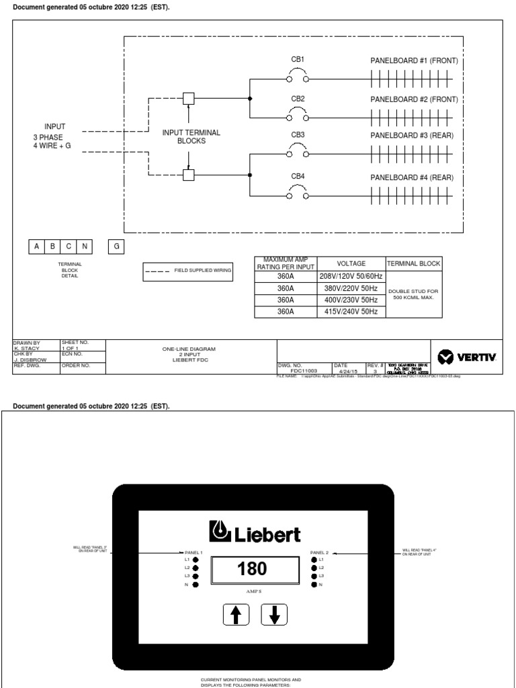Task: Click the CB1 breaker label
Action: [x=298, y=60]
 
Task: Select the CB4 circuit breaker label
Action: [x=298, y=177]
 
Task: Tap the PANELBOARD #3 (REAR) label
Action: [x=412, y=136]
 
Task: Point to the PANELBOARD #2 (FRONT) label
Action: [x=414, y=99]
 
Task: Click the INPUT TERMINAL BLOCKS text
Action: [x=191, y=137]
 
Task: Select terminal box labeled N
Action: [x=85, y=247]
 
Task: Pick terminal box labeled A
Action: [x=36, y=247]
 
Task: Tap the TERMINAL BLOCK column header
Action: [x=413, y=264]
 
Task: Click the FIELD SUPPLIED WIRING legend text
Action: [x=203, y=270]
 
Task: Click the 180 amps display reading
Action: [x=252, y=569]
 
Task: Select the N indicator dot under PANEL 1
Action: [x=196, y=585]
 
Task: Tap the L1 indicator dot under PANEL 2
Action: [x=314, y=559]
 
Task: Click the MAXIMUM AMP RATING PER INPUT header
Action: [x=286, y=264]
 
